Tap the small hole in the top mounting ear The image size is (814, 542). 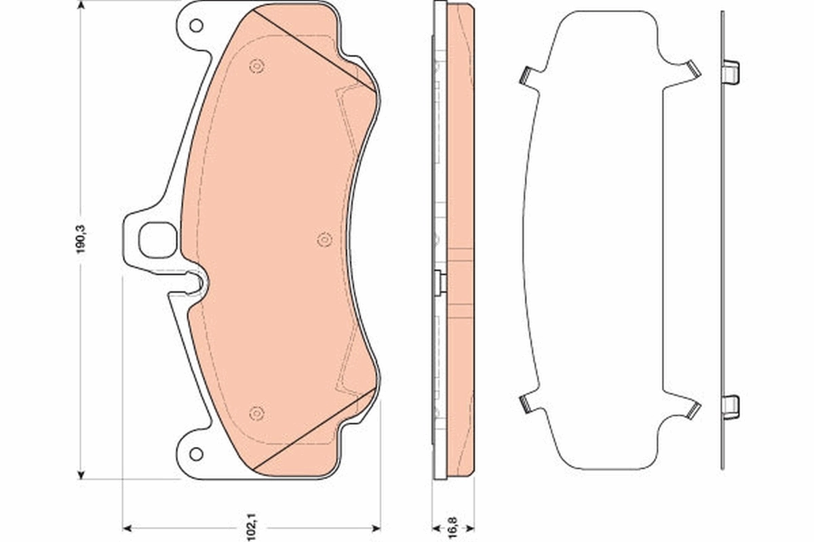pos(196,26)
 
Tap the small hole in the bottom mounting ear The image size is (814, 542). pos(196,453)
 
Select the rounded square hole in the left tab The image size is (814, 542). pos(157,241)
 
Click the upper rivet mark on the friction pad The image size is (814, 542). pos(256,66)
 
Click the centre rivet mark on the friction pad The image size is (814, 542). pos(324,239)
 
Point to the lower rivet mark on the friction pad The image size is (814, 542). pos(256,413)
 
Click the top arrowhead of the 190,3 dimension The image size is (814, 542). pos(82,7)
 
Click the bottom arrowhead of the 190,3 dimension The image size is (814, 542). pos(82,474)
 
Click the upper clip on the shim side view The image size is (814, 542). pos(731,71)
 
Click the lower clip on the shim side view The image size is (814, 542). pos(731,406)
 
